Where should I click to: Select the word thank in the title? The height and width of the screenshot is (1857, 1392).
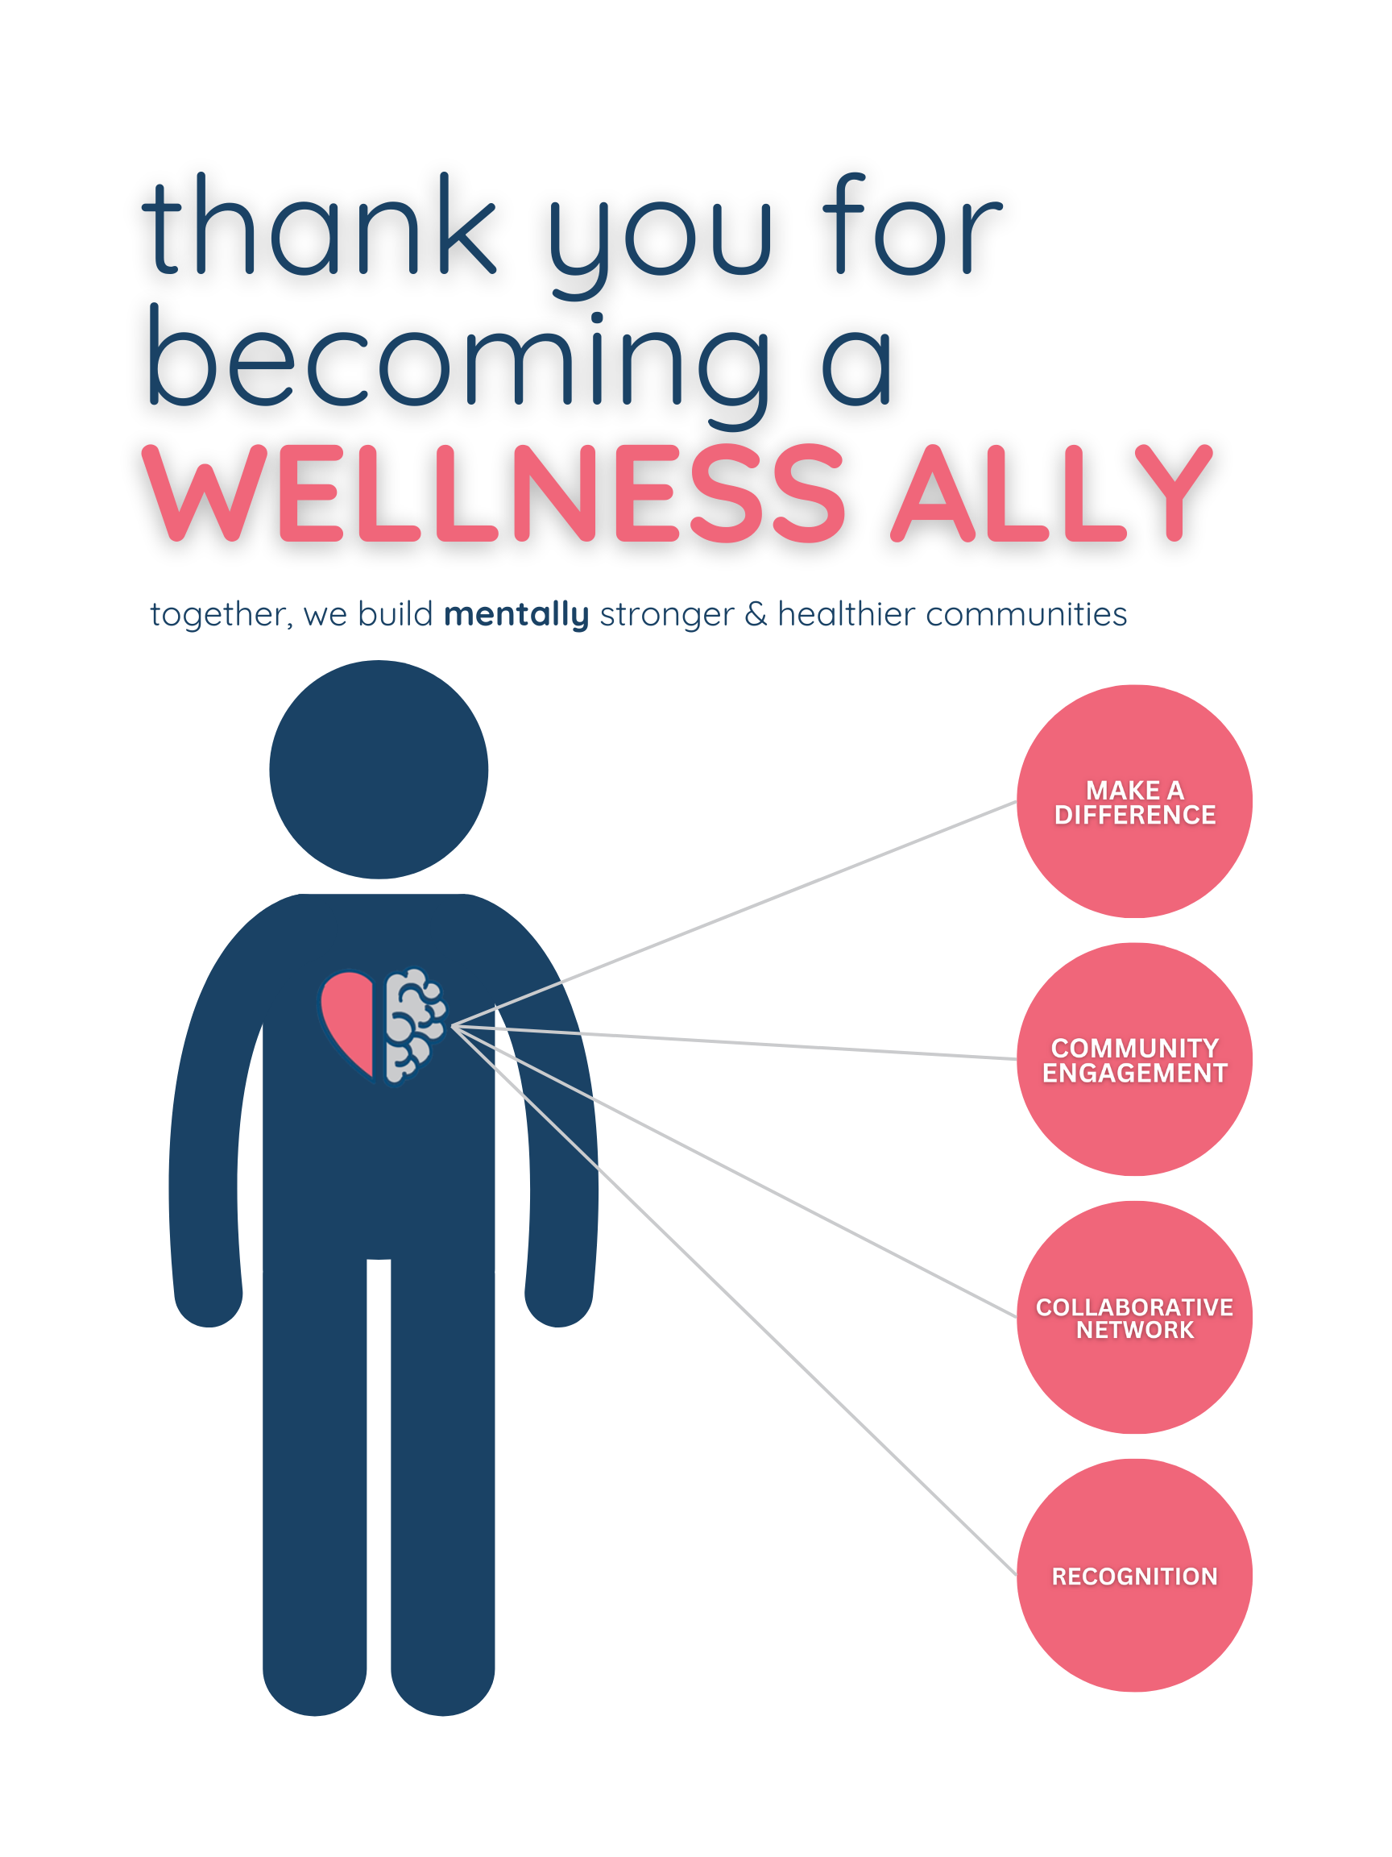319,226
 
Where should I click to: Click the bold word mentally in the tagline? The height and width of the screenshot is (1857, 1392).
516,614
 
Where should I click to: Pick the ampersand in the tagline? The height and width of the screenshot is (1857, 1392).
755,614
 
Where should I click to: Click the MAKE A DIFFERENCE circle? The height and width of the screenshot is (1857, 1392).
1134,802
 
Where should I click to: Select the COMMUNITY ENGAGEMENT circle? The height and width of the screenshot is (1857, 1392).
1134,1059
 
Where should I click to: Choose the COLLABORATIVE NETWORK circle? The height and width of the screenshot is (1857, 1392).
1134,1317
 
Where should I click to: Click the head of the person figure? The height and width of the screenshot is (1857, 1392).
379,769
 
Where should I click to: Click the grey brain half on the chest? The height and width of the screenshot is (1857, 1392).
412,1024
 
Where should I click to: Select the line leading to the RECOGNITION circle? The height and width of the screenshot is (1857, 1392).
734,1300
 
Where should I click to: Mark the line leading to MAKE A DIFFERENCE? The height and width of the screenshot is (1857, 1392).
734,913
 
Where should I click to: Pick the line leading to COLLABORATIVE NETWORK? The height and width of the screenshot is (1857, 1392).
734,1171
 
